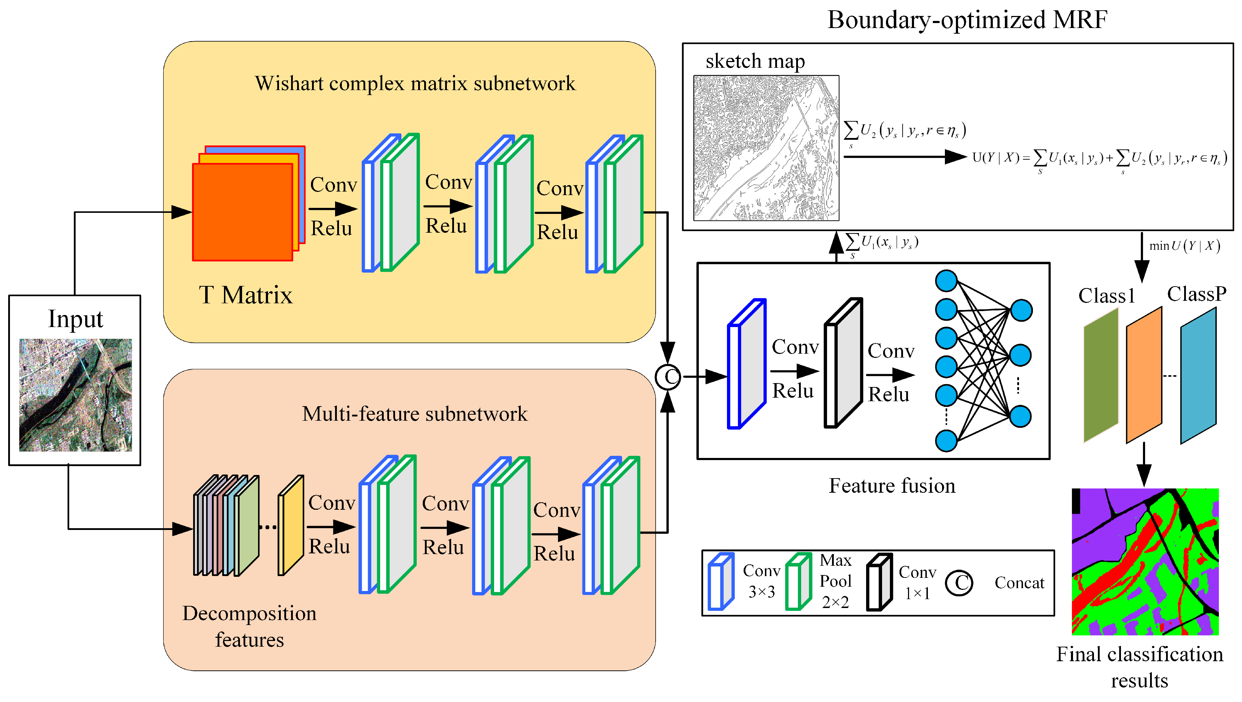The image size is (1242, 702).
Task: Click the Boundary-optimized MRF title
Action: click(x=967, y=20)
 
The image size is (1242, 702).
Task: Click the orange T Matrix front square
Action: click(x=242, y=212)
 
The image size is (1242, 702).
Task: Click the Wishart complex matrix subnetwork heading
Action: click(x=415, y=83)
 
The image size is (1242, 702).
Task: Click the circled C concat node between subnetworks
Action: click(x=668, y=377)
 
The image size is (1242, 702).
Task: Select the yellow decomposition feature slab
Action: click(x=290, y=526)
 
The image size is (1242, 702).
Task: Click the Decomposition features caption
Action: click(x=250, y=626)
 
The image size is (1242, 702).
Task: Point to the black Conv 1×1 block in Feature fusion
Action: click(x=842, y=363)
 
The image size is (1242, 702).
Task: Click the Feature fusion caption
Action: click(x=891, y=486)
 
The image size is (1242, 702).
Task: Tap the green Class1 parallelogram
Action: click(x=1100, y=375)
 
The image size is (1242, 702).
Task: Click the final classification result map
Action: click(x=1145, y=561)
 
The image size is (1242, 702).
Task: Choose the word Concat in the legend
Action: click(x=1019, y=582)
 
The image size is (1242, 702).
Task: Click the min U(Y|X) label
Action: click(x=1184, y=246)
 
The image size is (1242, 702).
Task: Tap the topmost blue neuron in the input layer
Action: click(x=946, y=281)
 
